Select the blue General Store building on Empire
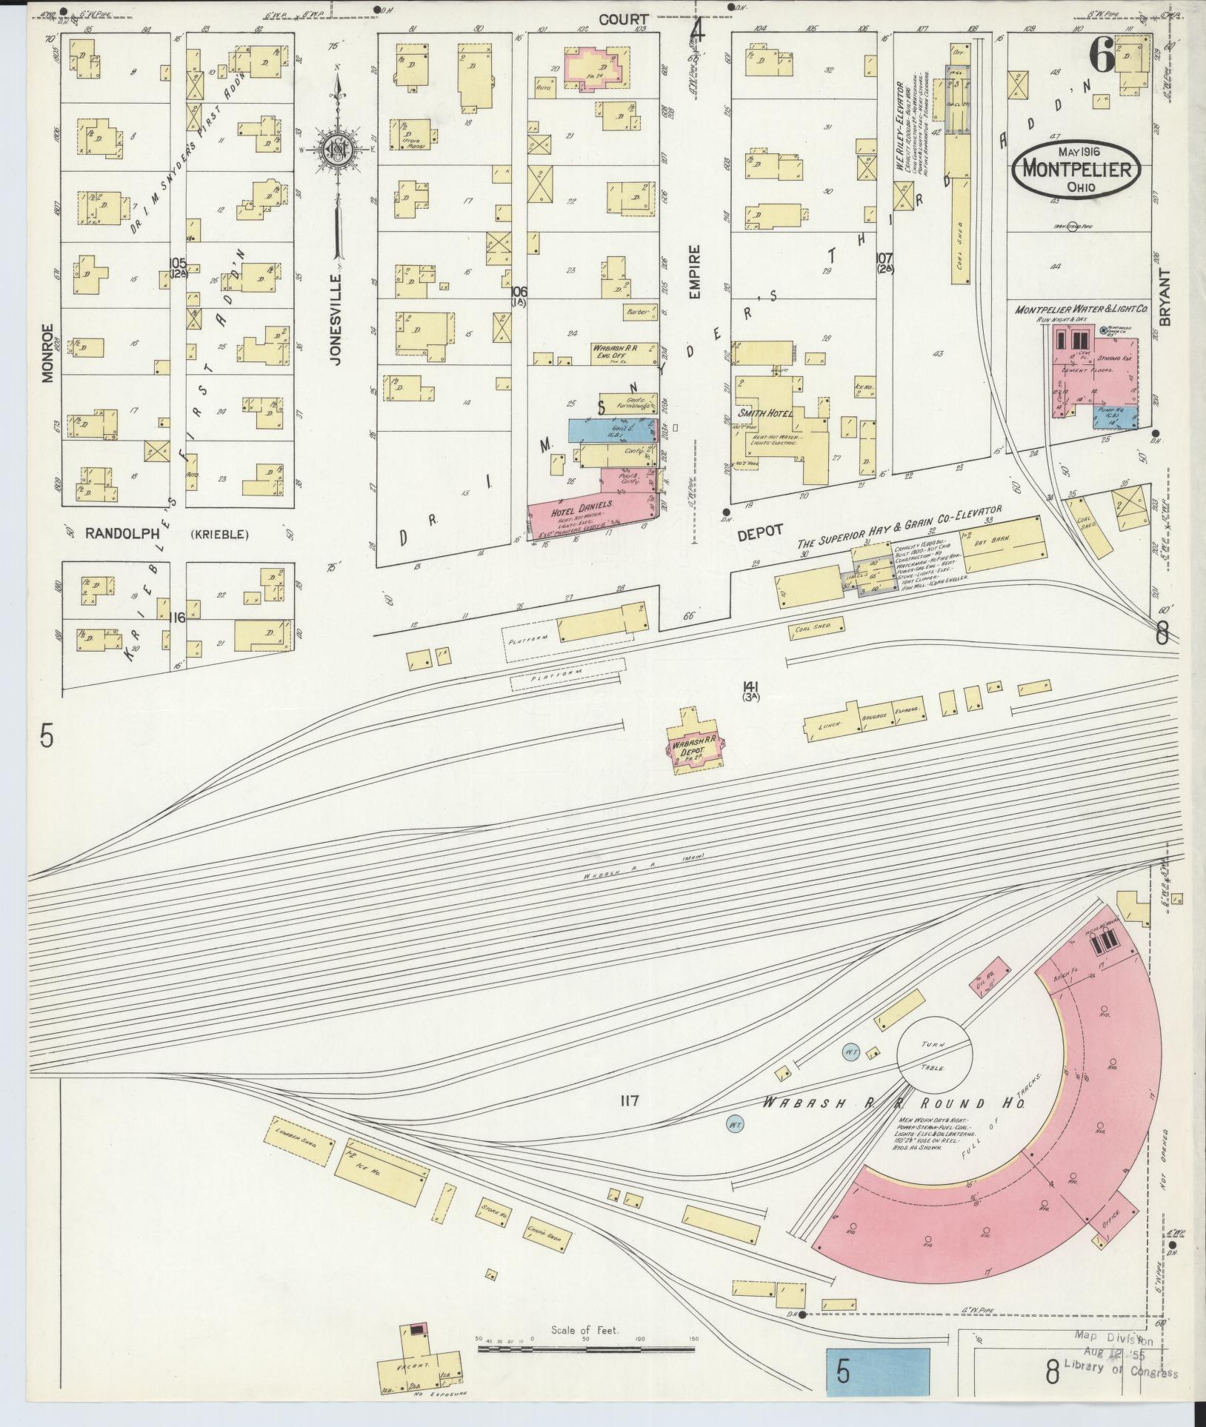coord(611,431)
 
